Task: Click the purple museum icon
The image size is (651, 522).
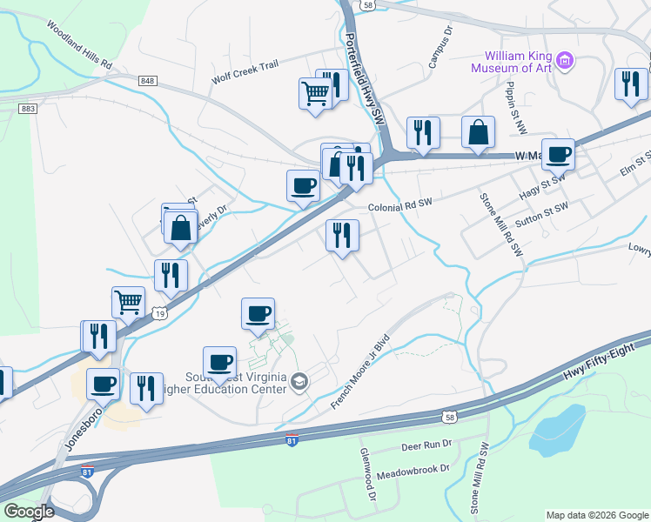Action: pos(566,60)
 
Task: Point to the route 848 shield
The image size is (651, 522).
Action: pos(146,81)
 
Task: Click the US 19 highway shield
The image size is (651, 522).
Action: pos(158,312)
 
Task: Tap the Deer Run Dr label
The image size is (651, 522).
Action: pos(426,445)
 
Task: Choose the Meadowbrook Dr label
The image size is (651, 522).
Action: pos(419,468)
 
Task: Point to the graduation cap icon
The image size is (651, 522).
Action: pos(299,381)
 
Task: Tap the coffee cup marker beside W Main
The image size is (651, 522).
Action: pos(558,154)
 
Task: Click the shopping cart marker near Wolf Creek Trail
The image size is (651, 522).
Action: pos(314,93)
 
